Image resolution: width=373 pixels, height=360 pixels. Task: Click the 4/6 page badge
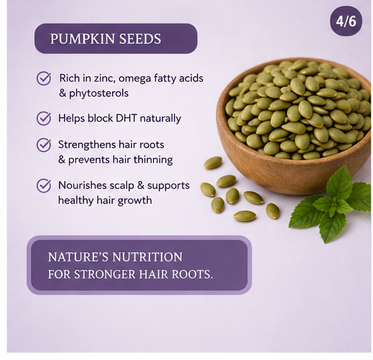(x=346, y=22)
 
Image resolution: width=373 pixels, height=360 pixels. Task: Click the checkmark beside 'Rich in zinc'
(x=44, y=78)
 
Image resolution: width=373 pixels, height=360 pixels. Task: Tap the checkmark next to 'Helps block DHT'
(x=44, y=118)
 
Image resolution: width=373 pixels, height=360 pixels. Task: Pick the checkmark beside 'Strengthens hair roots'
(x=44, y=144)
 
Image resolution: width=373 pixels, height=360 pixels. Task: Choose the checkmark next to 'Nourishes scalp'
(x=44, y=185)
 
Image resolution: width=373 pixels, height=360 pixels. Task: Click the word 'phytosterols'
(x=98, y=93)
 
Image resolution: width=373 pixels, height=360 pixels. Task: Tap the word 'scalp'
(x=121, y=186)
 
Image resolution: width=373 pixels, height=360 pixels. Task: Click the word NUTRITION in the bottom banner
(x=147, y=257)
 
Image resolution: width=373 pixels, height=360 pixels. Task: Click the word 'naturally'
(x=160, y=119)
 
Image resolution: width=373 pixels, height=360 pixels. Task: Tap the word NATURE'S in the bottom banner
(x=78, y=257)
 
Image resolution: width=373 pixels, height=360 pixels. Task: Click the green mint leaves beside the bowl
(x=331, y=206)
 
